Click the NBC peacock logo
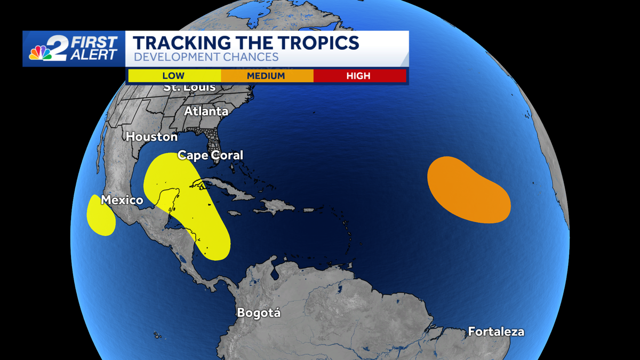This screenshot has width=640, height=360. [41, 53]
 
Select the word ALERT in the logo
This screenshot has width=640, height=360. [97, 55]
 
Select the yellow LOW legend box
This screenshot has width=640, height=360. [174, 76]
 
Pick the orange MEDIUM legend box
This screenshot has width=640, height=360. [266, 76]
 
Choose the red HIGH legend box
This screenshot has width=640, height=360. [359, 76]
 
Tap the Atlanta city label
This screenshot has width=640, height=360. [206, 111]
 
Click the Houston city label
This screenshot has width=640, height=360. [151, 137]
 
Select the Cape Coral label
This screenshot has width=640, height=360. [210, 155]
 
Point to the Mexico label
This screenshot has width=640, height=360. [122, 201]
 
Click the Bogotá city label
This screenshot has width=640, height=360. [259, 313]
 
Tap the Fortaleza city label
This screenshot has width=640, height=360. [496, 332]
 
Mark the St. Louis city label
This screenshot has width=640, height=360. [190, 87]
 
